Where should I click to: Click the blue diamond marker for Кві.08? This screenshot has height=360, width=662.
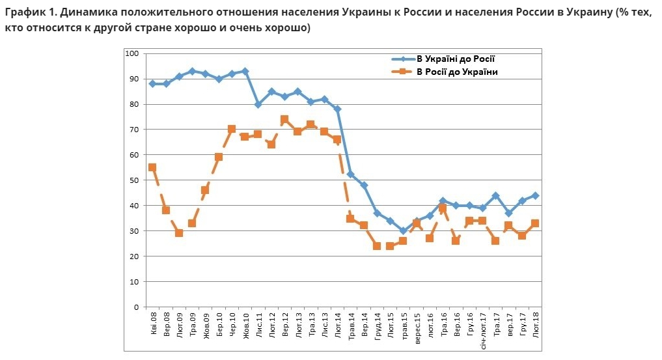click(152, 83)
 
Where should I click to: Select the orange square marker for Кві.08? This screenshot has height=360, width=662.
click(152, 167)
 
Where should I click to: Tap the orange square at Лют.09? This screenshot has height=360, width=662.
click(179, 233)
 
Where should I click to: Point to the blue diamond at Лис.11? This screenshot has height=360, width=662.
click(258, 104)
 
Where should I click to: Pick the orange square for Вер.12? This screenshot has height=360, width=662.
click(284, 119)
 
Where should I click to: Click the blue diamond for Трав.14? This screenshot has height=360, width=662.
click(350, 174)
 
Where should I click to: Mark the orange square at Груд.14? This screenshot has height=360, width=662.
click(377, 246)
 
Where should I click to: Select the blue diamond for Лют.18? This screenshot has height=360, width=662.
click(535, 195)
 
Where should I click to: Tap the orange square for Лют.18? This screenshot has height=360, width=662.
click(535, 223)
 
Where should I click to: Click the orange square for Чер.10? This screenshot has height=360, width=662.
click(232, 129)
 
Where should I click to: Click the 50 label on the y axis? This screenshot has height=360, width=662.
click(134, 180)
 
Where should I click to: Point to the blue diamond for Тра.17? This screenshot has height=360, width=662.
click(495, 195)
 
